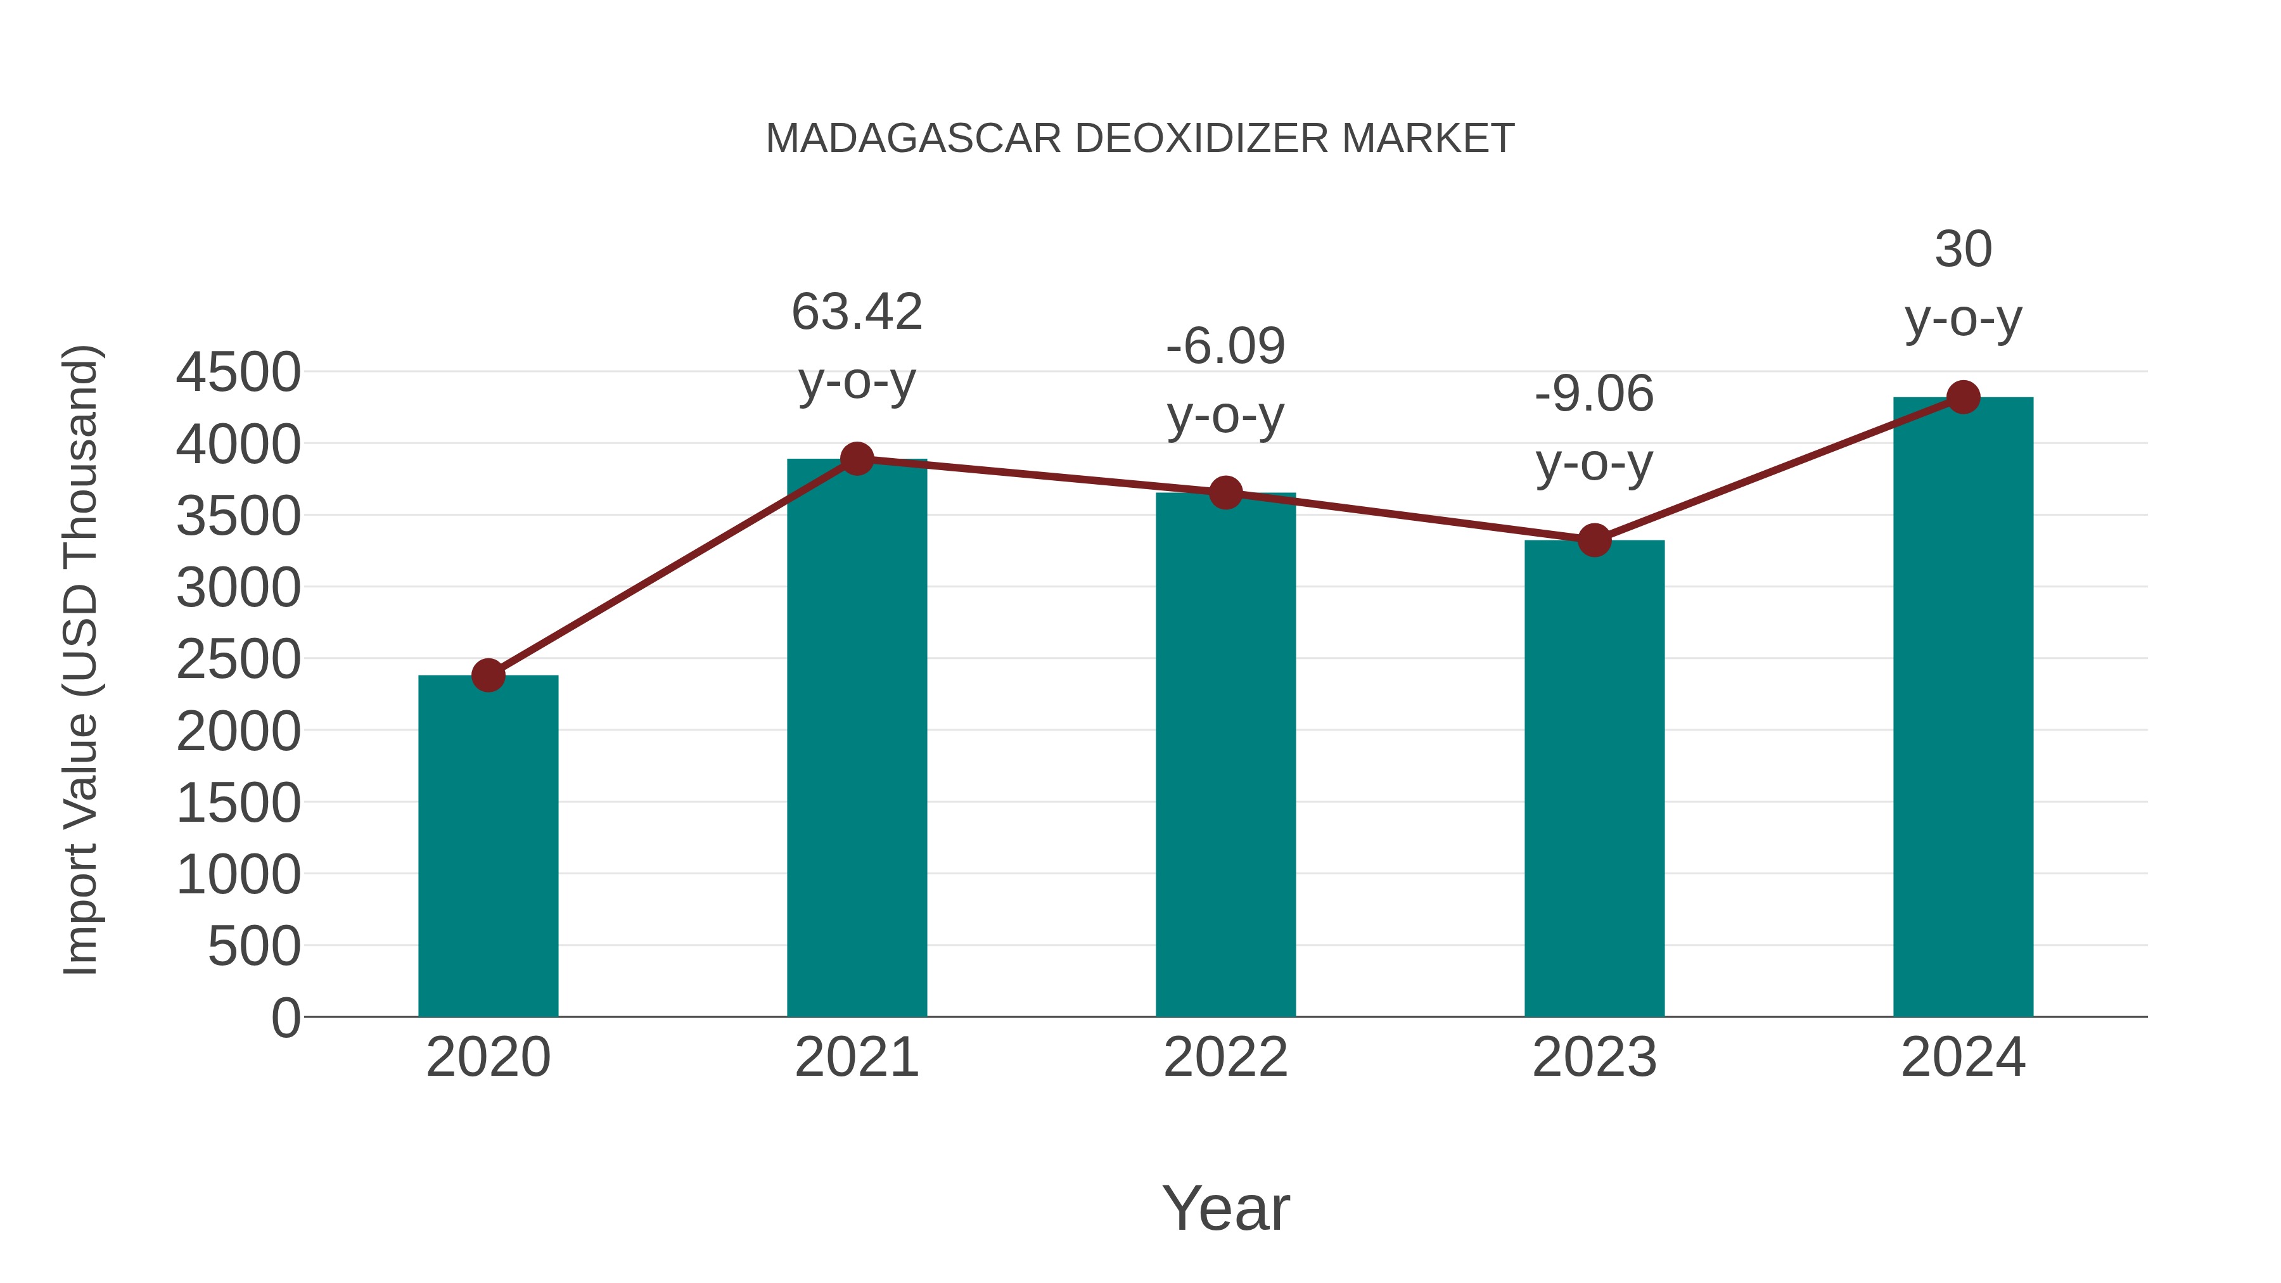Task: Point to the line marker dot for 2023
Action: (x=1594, y=540)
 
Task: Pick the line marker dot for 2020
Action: (x=488, y=675)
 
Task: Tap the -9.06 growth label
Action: (x=1594, y=394)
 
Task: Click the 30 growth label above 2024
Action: (x=1963, y=250)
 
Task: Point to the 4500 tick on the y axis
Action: (x=238, y=373)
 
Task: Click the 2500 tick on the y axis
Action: (x=238, y=660)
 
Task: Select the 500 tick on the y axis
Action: (x=254, y=947)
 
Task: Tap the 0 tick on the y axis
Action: (x=286, y=1018)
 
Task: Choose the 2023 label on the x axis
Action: (x=1594, y=1057)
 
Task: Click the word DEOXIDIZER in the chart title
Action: (x=1201, y=139)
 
